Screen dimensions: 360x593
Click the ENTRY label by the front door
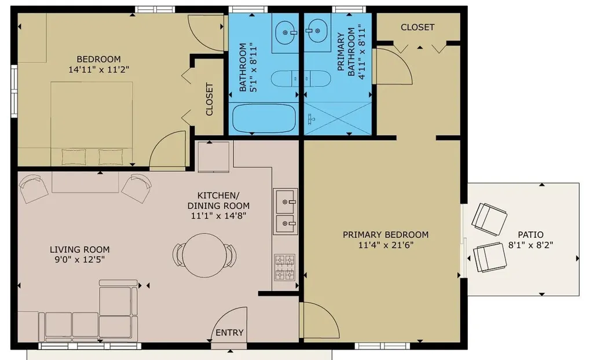[x=230, y=333]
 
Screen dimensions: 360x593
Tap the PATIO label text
[x=530, y=235]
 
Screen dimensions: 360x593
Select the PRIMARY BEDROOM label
[x=385, y=234]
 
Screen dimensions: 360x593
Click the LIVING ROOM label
[x=79, y=249]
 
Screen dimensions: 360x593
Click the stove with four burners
[x=284, y=267]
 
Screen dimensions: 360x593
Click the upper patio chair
[x=489, y=219]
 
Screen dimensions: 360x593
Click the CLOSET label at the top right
[x=418, y=27]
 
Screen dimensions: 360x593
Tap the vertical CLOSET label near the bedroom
[x=209, y=99]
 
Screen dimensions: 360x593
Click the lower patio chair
[x=490, y=256]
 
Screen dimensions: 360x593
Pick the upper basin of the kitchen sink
[x=285, y=201]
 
